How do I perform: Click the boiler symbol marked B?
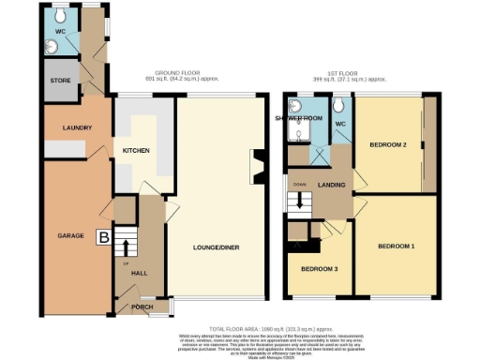pos(103,238)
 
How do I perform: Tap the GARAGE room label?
pos(70,235)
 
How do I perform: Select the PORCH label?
pos(142,307)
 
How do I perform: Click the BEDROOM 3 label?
pos(320,270)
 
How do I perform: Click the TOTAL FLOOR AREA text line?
pos(272,329)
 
